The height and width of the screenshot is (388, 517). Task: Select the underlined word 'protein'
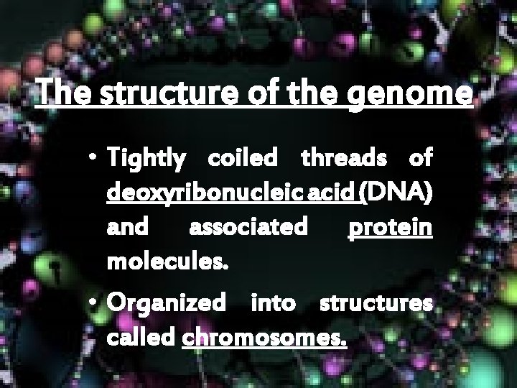(x=390, y=228)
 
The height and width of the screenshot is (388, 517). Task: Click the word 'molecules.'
(x=168, y=262)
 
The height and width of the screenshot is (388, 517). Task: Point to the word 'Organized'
(x=164, y=303)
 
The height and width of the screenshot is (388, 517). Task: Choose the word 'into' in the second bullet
(x=272, y=302)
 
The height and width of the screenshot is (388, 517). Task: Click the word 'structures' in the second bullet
(x=376, y=302)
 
